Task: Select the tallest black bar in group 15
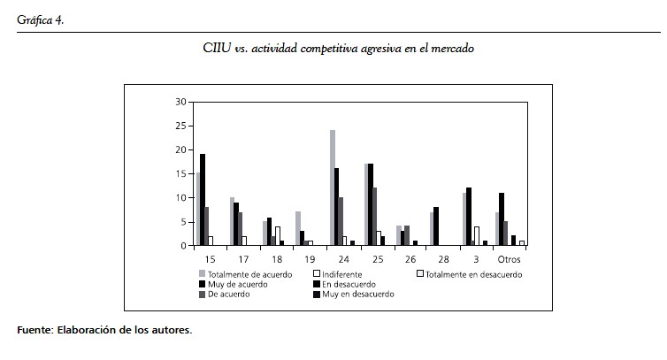pos(203,200)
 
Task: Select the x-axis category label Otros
pos(509,258)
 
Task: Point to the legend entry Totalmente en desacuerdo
pos(474,274)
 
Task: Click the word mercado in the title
pos(452,48)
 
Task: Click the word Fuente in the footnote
pos(34,330)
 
